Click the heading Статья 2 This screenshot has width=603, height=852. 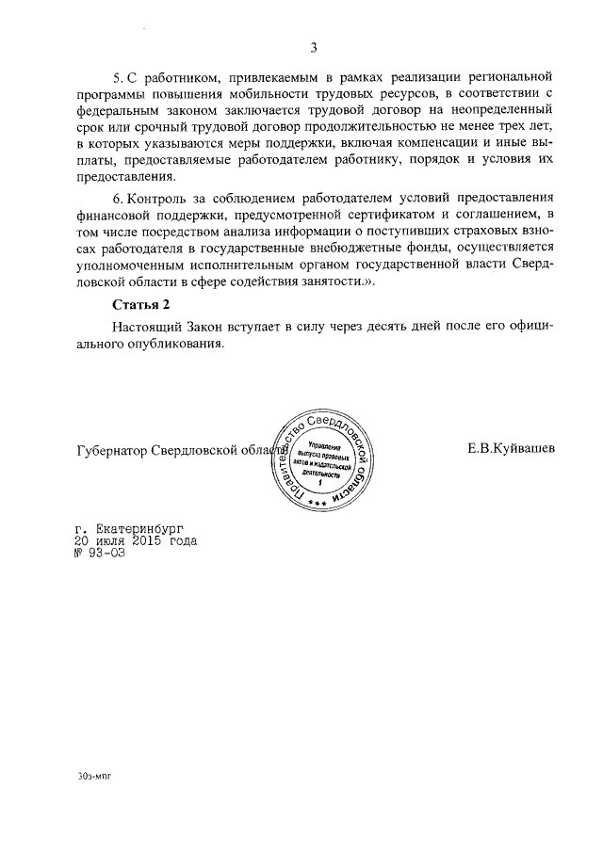pyautogui.click(x=141, y=304)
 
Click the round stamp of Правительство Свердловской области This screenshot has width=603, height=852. pyautogui.click(x=322, y=460)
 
